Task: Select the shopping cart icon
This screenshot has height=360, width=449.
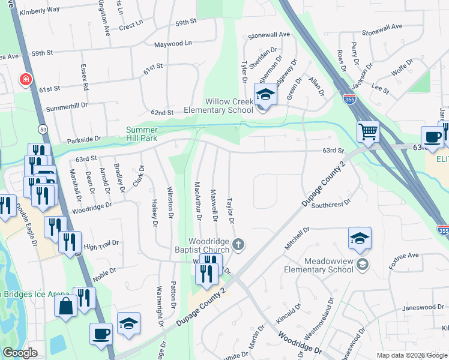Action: pos(369,131)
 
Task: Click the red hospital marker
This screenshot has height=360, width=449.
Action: pos(25,79)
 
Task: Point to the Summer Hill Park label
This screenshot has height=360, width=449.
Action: pos(142,134)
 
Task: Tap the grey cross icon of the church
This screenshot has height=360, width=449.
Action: pos(239,244)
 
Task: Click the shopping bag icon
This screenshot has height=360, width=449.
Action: pos(65,306)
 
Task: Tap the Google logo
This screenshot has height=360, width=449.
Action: pos(20,353)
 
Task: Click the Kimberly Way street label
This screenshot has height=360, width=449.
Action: pos(40,10)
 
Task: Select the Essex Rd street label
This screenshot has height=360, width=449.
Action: pos(84,78)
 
